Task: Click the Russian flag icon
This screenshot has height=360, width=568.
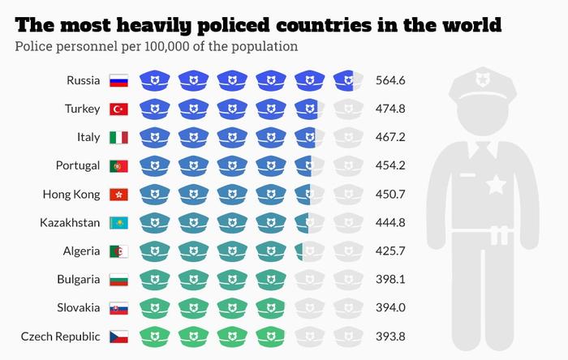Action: pyautogui.click(x=118, y=80)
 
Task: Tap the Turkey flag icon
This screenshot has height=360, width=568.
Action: pyautogui.click(x=118, y=109)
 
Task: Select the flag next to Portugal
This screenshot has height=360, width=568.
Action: pyautogui.click(x=118, y=165)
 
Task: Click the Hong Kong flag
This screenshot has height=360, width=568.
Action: pyautogui.click(x=118, y=195)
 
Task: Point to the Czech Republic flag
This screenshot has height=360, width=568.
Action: pyautogui.click(x=118, y=336)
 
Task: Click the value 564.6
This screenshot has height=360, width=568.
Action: pyautogui.click(x=390, y=80)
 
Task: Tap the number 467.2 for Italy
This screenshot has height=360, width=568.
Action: pyautogui.click(x=390, y=137)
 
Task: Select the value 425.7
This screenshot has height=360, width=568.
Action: pyautogui.click(x=390, y=251)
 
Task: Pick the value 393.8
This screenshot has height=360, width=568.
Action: pyautogui.click(x=390, y=336)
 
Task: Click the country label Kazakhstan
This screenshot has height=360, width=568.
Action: pyautogui.click(x=70, y=223)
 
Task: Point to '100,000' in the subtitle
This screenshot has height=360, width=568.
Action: pyautogui.click(x=170, y=46)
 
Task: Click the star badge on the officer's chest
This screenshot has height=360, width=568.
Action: pyautogui.click(x=495, y=186)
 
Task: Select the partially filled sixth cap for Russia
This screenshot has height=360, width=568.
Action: pyautogui.click(x=348, y=80)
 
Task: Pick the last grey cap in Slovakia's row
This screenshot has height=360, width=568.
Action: pyautogui.click(x=348, y=308)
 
